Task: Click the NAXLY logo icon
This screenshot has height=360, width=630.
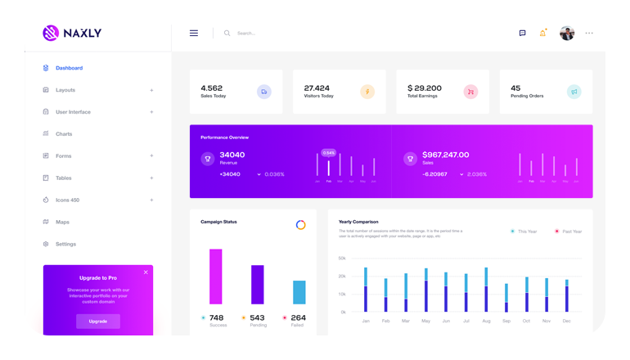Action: pos(51,33)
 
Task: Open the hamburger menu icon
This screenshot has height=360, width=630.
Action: pos(194,34)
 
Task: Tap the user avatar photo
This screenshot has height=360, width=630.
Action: pos(567,33)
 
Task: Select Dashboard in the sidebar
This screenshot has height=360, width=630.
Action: pos(69,68)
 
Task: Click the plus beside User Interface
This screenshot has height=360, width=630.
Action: pos(151,112)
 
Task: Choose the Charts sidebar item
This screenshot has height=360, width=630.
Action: pos(64,134)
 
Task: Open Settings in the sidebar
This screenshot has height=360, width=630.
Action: pos(65,244)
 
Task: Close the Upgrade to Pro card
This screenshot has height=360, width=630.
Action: pos(146,272)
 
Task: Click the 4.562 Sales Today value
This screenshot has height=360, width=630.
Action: pos(212,88)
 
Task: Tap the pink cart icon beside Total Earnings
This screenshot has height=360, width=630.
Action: pos(470,92)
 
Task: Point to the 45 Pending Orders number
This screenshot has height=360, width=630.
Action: pos(515,88)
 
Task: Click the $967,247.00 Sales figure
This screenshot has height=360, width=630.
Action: pos(445,155)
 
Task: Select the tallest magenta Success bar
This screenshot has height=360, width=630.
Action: pos(216,277)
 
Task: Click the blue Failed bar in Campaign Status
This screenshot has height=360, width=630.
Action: pos(299,292)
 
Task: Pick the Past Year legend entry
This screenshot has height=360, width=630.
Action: pos(568,232)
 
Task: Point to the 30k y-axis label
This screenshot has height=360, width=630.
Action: pos(342,259)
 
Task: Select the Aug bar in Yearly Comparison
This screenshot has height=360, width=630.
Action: pos(486,290)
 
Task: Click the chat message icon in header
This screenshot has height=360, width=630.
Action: pos(522,34)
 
